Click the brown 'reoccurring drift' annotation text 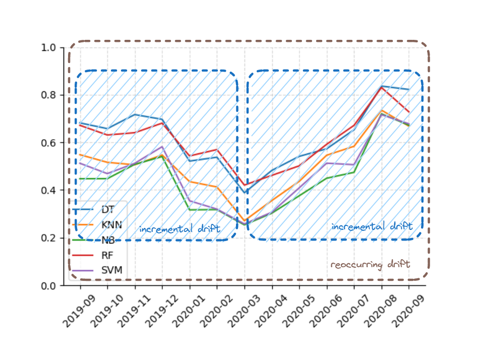[370, 264]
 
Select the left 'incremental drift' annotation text [180, 229]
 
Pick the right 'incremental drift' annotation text [372, 227]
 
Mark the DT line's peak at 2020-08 [382, 86]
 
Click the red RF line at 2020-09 [408, 112]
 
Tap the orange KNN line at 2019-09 [80, 155]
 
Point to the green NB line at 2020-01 [190, 210]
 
